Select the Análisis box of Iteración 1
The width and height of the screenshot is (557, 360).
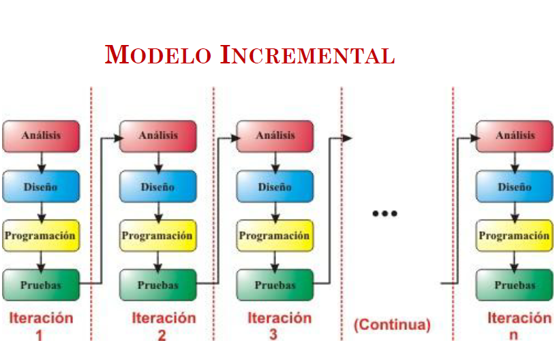coord(41,136)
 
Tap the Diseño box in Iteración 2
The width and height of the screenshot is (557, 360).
coord(158,186)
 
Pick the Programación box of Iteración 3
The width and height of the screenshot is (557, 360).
coord(275,236)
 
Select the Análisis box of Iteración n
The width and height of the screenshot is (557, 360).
coord(515,136)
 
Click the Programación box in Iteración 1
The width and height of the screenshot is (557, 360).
coord(41,236)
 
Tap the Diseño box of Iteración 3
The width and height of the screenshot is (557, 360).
coord(275,186)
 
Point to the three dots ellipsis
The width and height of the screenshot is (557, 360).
coord(385,214)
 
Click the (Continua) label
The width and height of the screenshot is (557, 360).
coord(392,325)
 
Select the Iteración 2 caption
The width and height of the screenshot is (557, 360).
coord(163,325)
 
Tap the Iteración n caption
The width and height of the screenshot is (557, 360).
coord(519,325)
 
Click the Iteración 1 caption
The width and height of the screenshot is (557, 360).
coord(41,325)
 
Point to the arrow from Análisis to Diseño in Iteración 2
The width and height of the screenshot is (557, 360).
coord(158,161)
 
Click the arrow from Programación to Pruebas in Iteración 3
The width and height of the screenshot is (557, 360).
coord(275,260)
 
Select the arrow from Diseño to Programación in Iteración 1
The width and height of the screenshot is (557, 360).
coord(41,211)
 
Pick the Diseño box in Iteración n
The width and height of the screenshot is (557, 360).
coord(515,186)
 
